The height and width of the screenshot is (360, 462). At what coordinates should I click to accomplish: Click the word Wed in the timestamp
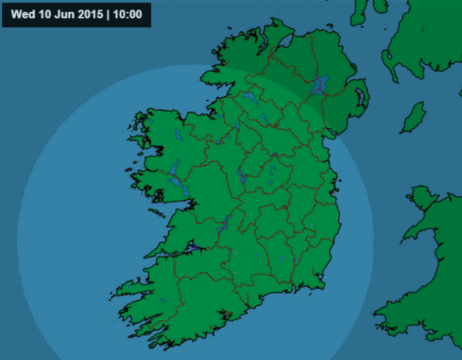tap(22, 14)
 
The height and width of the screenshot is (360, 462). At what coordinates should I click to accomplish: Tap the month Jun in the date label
tap(59, 14)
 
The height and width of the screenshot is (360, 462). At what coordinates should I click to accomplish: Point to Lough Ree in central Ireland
tap(241, 174)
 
